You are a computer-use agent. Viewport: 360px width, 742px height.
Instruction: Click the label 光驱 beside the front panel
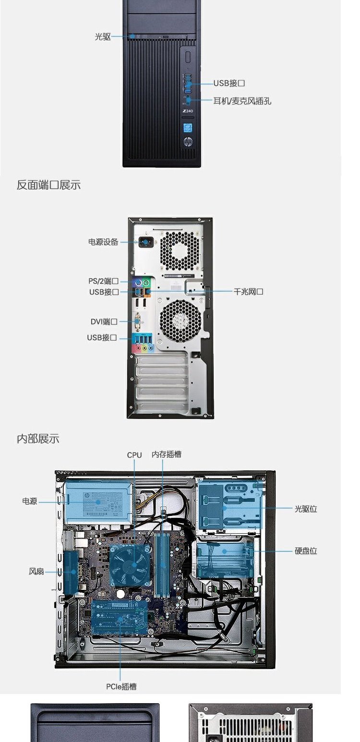[x=103, y=36]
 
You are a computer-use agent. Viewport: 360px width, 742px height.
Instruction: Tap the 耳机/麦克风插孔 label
[x=242, y=101]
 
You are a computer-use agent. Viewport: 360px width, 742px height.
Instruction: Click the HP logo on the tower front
[x=188, y=142]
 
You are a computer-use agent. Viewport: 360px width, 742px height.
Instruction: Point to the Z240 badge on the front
[x=188, y=111]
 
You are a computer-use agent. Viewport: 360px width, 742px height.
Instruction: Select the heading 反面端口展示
[x=48, y=185]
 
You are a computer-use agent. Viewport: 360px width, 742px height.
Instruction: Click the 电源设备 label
[x=103, y=242]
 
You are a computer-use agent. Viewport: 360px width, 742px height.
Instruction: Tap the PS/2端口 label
[x=103, y=281]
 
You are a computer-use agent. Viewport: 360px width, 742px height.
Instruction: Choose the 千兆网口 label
[x=248, y=291]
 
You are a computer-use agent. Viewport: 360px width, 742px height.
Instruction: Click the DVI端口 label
[x=104, y=322]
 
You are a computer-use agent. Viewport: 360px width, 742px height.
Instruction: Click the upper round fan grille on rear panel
[x=180, y=250]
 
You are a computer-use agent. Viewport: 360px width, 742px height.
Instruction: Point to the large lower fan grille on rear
[x=180, y=321]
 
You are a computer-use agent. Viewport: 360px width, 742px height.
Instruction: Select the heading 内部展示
[x=38, y=439]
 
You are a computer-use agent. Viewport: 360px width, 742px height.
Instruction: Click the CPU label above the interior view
[x=134, y=455]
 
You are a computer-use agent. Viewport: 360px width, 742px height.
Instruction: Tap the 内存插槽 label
[x=166, y=455]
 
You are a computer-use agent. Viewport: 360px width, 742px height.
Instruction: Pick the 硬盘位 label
[x=306, y=551]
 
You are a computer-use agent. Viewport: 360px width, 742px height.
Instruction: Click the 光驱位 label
[x=306, y=509]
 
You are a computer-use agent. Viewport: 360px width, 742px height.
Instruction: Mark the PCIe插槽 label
[x=121, y=687]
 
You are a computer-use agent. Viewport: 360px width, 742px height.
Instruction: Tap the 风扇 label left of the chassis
[x=36, y=571]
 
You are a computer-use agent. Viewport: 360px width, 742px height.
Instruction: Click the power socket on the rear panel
[x=144, y=242]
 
